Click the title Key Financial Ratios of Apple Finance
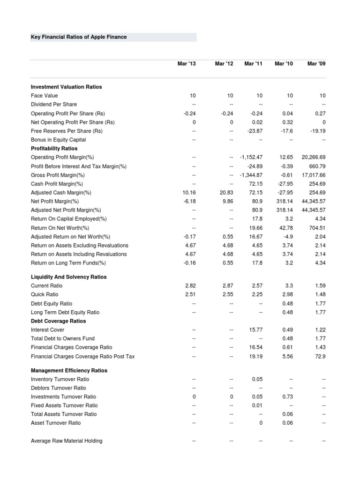79,37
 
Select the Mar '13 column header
187,64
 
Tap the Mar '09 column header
316,64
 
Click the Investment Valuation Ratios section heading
66,87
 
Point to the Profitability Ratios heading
54,149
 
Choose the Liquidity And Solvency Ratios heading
68,277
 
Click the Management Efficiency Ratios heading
69,370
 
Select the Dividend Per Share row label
53,105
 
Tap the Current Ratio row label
46,285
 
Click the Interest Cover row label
47,330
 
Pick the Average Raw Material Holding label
67,441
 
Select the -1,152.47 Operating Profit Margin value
251,157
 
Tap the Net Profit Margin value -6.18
188,201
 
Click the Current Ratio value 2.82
189,285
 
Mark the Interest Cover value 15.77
255,330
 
